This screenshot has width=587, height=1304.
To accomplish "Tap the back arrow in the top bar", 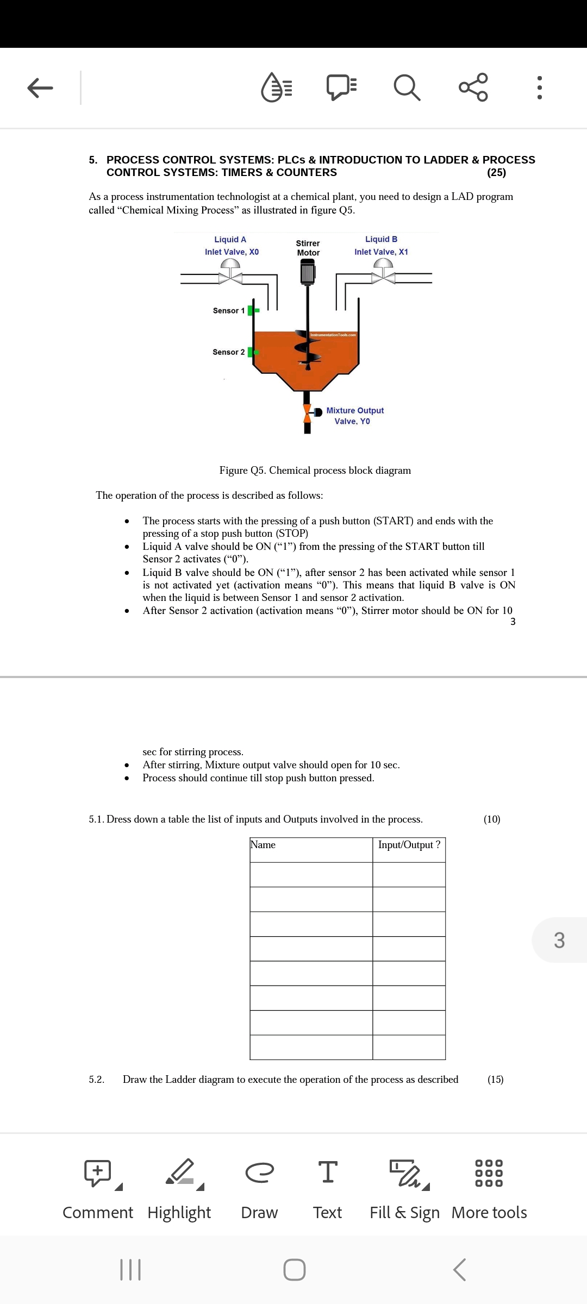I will pyautogui.click(x=40, y=87).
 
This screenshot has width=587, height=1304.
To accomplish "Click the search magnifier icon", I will pyautogui.click(x=407, y=87).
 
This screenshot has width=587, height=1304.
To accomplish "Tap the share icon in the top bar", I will pyautogui.click(x=473, y=87).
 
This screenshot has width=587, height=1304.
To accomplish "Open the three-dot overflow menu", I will pyautogui.click(x=539, y=87).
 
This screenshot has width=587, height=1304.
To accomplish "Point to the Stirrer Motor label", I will pyautogui.click(x=308, y=248).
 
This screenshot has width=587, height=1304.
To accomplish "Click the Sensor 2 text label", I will pyautogui.click(x=228, y=352).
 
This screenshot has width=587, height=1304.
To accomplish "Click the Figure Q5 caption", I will pyautogui.click(x=315, y=471).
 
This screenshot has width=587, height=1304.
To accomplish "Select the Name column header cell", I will pyautogui.click(x=311, y=850).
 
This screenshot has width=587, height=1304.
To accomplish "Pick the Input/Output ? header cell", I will pyautogui.click(x=409, y=850).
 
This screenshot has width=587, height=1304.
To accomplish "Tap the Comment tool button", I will pyautogui.click(x=98, y=1189).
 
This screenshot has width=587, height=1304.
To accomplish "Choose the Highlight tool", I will pyautogui.click(x=179, y=1189).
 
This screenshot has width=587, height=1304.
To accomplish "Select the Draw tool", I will pyautogui.click(x=259, y=1189).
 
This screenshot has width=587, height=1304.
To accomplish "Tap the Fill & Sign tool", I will pyautogui.click(x=404, y=1189).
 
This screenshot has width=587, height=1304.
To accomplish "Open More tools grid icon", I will pyautogui.click(x=489, y=1189).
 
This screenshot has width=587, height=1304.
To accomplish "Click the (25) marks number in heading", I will pyautogui.click(x=496, y=173).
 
